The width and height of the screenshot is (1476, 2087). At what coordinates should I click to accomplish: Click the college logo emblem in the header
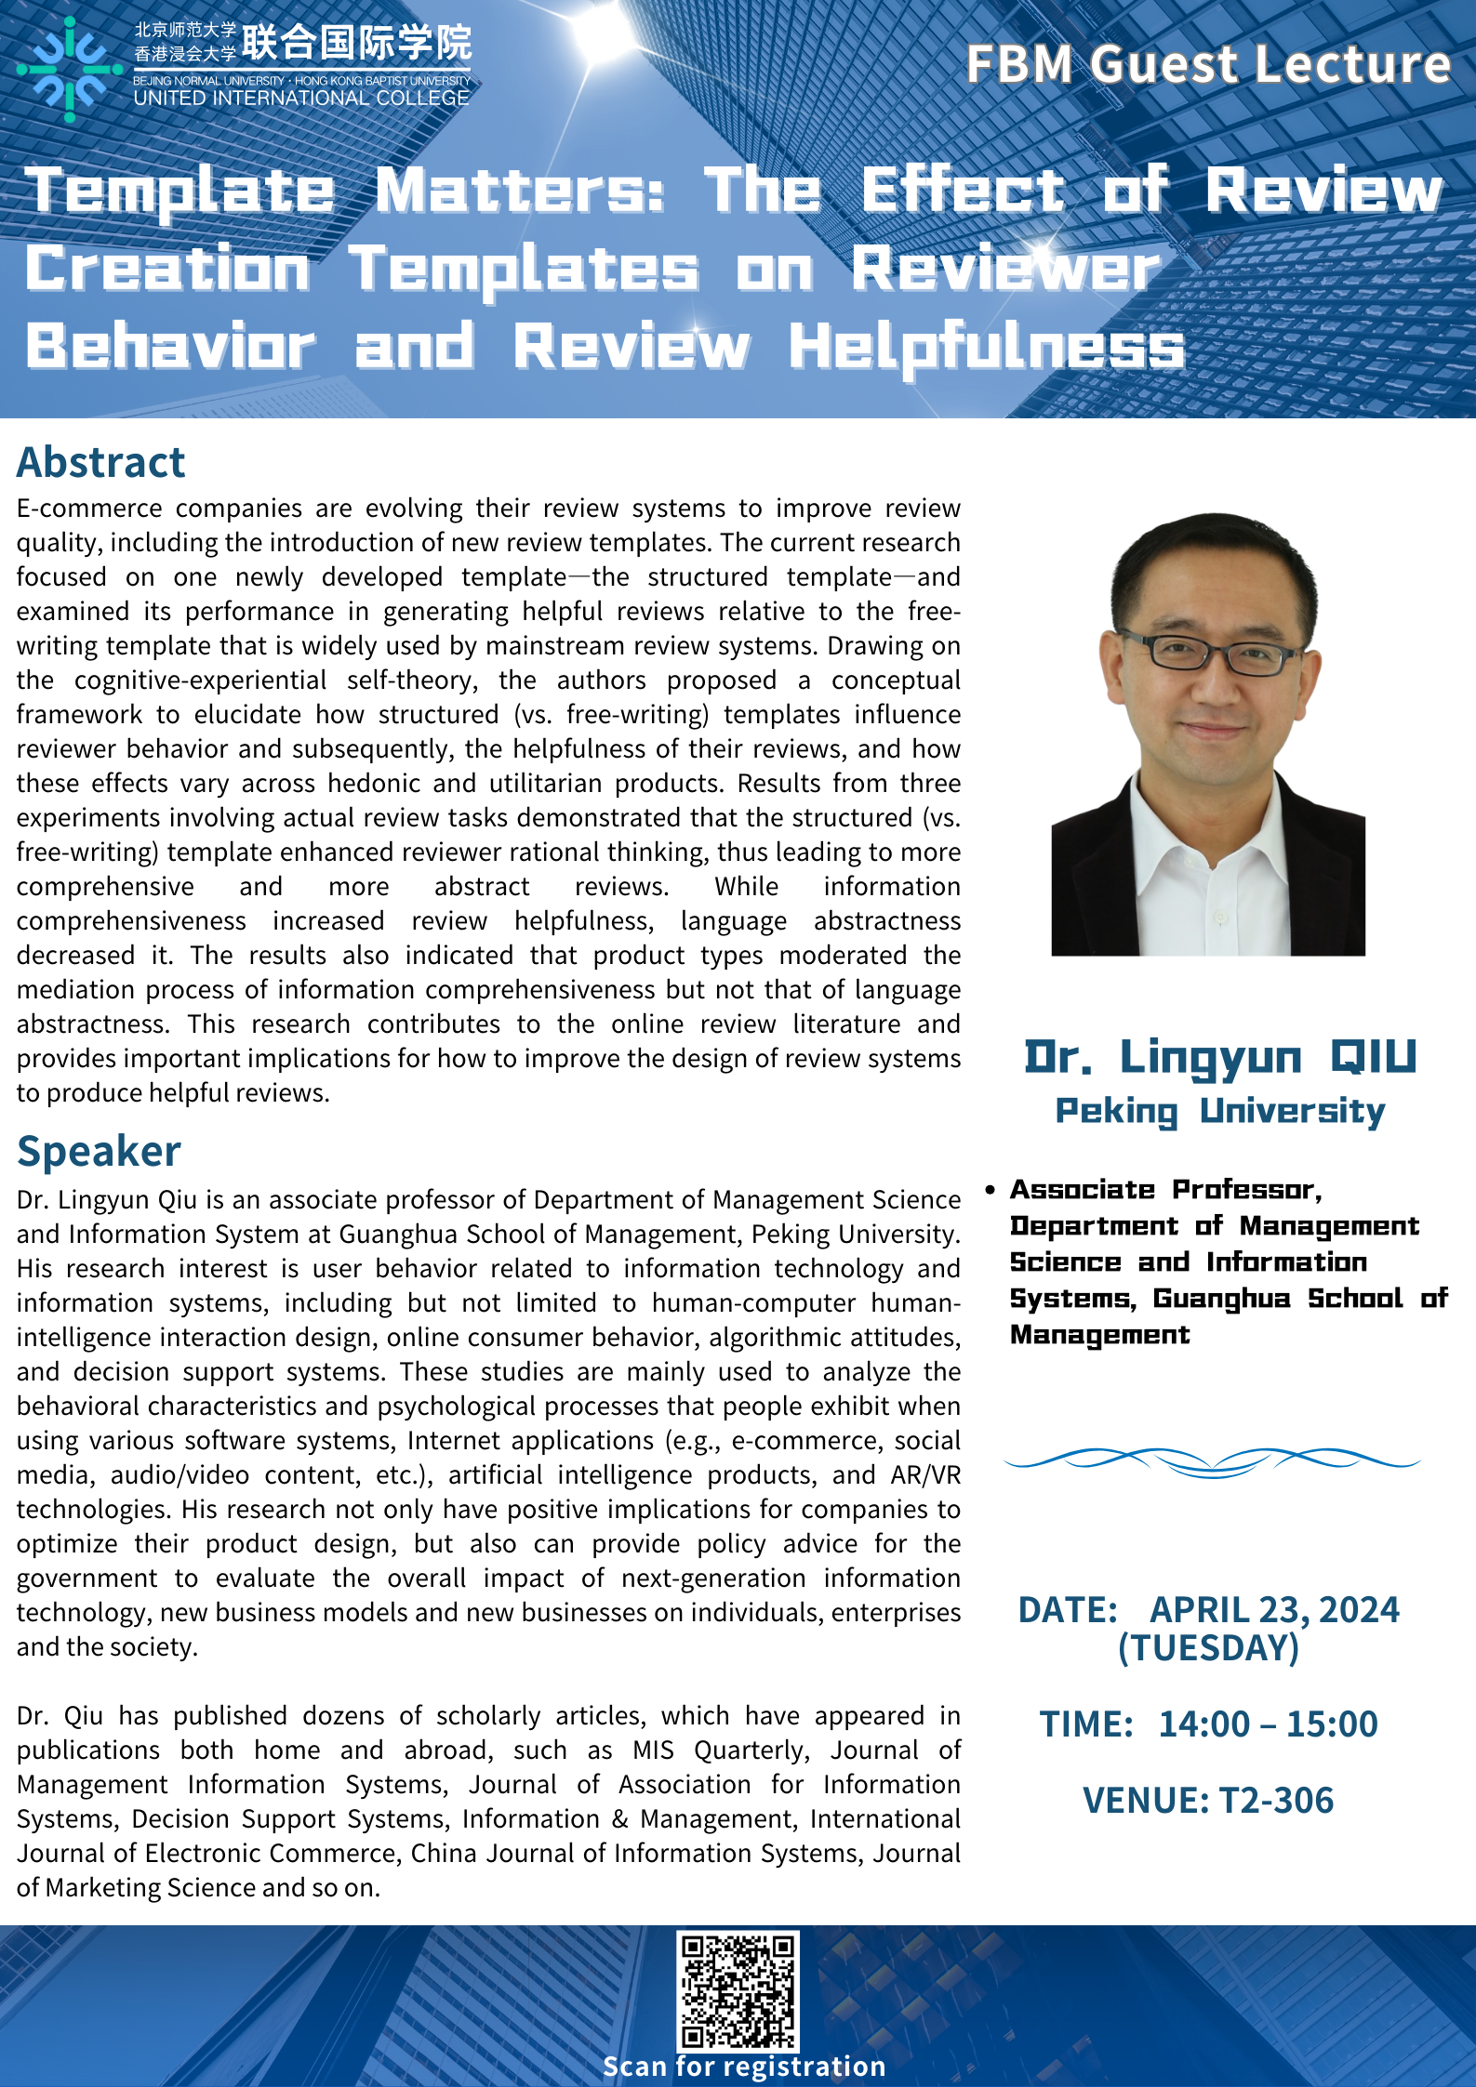click(x=70, y=69)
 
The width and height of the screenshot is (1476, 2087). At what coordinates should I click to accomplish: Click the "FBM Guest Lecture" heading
click(x=1208, y=64)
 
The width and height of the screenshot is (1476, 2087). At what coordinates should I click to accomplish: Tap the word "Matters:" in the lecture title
click(x=521, y=191)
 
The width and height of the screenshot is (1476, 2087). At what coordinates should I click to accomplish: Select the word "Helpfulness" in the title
click(x=987, y=347)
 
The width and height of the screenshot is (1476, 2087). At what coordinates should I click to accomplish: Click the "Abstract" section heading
click(x=101, y=462)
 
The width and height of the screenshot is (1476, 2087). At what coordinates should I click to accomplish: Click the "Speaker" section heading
click(x=99, y=1151)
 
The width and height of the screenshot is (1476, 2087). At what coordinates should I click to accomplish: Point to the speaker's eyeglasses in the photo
click(x=1208, y=651)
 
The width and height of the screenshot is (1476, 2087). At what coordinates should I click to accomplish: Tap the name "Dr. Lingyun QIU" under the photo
click(x=1220, y=1057)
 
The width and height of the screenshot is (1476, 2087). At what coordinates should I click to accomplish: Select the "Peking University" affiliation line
click(x=1220, y=1111)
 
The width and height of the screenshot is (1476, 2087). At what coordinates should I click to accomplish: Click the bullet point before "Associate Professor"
click(x=991, y=1190)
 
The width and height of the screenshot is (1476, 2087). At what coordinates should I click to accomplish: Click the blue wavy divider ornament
click(x=1212, y=1460)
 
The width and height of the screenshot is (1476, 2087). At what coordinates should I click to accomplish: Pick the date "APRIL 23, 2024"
click(x=1274, y=1609)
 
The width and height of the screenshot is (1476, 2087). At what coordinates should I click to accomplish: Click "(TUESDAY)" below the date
click(x=1208, y=1647)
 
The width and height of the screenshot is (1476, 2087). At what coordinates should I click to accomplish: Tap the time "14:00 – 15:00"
click(x=1268, y=1724)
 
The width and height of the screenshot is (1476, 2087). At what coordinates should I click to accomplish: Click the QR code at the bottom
click(x=738, y=1989)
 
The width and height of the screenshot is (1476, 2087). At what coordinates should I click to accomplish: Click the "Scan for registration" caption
click(x=744, y=2066)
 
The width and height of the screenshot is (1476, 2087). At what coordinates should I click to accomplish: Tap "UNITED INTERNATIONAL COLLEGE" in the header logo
click(x=301, y=99)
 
